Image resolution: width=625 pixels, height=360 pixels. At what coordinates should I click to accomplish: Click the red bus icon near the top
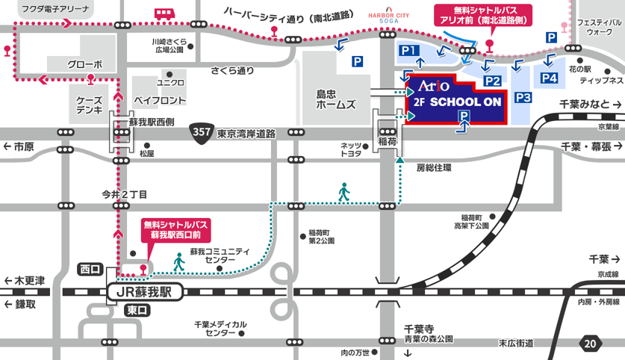pyautogui.click(x=164, y=13)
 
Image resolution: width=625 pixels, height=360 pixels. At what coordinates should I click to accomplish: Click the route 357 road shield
pyautogui.click(x=201, y=131)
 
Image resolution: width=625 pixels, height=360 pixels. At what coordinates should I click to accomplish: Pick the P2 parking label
pyautogui.click(x=492, y=81)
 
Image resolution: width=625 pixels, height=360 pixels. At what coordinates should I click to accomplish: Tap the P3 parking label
pyautogui.click(x=523, y=97)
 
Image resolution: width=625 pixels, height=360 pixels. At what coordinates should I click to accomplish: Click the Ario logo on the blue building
pyautogui.click(x=432, y=84)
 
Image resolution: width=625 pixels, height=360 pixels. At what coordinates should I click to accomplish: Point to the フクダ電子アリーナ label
pyautogui.click(x=55, y=9)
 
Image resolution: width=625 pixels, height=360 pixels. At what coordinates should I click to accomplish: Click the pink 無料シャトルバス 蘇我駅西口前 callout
pyautogui.click(x=176, y=229)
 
